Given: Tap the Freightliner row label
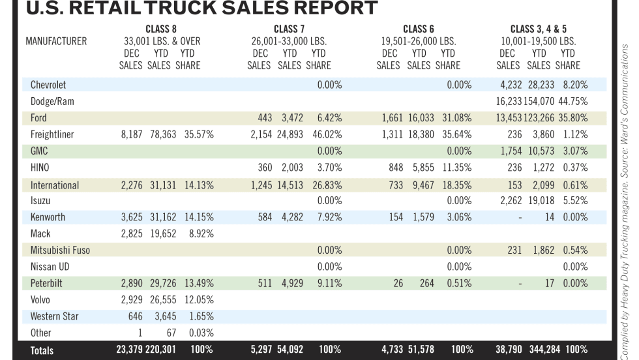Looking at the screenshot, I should (x=52, y=135).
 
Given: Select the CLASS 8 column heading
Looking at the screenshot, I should (x=161, y=29).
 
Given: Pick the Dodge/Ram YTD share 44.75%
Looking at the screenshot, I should (x=571, y=102).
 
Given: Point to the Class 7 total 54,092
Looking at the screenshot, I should (x=295, y=350).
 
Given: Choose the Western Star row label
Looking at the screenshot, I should (x=54, y=317).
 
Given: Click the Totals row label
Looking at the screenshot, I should (x=42, y=350).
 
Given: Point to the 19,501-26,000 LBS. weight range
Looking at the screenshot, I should (x=418, y=41).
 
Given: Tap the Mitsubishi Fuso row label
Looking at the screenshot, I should (x=60, y=251).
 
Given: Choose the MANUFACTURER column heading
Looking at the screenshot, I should (x=56, y=41).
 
